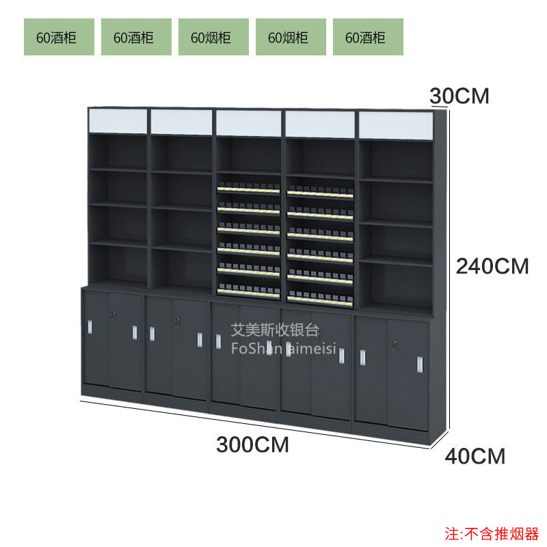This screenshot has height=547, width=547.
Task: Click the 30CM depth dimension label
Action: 459,96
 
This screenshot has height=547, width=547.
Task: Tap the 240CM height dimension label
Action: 492,267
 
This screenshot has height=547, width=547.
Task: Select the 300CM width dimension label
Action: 252,445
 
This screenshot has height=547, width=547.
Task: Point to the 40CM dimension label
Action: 475,456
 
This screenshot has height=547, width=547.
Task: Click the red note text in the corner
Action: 492,534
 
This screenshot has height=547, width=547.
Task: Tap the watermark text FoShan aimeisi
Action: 284,348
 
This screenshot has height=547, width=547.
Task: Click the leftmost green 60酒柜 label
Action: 59,37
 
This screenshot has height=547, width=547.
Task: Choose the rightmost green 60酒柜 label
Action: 368,37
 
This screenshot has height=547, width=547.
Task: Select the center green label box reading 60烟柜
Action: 213,37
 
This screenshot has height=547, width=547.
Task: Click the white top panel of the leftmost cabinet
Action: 118,121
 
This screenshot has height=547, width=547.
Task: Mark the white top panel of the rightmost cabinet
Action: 396,126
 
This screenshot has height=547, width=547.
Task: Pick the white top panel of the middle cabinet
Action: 248,123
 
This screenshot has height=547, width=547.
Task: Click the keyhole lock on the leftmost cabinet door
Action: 113,314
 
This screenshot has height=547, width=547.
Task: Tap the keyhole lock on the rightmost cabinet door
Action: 395,344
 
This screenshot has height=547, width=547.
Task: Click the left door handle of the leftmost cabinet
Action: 90,327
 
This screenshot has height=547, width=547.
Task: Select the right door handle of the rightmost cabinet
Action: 420,364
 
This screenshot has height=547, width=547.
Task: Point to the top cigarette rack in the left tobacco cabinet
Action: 248,188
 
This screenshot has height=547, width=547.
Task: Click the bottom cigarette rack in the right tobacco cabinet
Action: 320,297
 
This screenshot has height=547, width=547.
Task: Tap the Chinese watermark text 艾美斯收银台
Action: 275,330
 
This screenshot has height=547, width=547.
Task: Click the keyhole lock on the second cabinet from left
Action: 177,320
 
